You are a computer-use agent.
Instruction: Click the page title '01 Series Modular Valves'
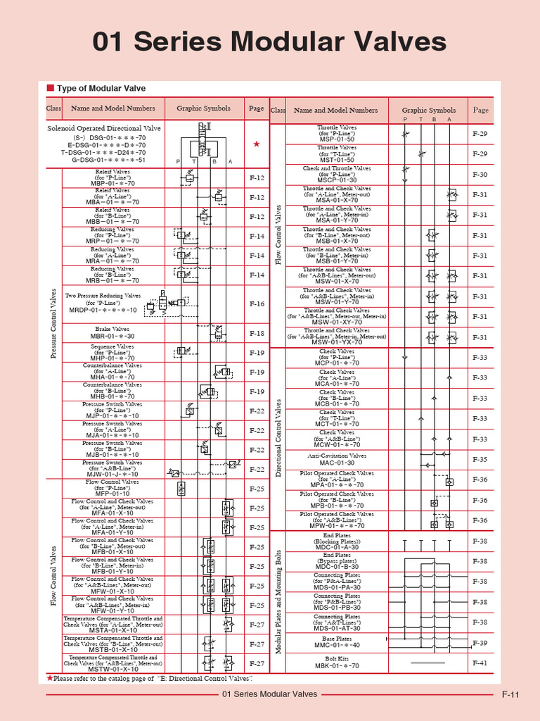[270, 42]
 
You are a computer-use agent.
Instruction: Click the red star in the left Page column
[257, 144]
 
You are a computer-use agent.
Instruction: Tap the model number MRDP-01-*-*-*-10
[103, 310]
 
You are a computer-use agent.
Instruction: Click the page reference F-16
[257, 304]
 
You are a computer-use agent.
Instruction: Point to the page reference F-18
[257, 334]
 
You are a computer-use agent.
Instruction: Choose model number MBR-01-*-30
[112, 337]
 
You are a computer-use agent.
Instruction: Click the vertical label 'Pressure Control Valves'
[53, 323]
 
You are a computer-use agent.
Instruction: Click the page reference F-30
[480, 175]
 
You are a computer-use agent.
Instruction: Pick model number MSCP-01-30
[337, 180]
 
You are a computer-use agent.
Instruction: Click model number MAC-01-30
[337, 463]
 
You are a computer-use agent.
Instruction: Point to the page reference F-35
[480, 459]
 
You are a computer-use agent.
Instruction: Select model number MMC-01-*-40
[337, 645]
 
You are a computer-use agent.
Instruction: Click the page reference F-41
[480, 663]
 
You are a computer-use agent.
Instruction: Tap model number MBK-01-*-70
[337, 665]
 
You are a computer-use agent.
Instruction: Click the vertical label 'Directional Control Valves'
[278, 437]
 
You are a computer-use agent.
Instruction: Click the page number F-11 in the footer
[510, 695]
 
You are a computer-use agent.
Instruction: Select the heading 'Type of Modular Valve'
[101, 89]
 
